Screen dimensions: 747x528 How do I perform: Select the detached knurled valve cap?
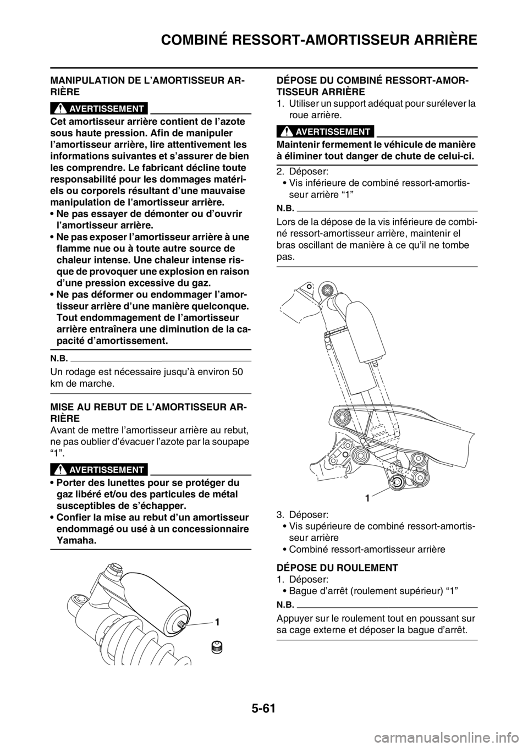point(216,649)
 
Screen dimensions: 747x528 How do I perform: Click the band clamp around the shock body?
point(337,333)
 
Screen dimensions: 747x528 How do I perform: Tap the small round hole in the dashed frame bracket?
point(309,286)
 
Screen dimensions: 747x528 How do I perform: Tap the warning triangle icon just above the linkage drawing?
point(286,131)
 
